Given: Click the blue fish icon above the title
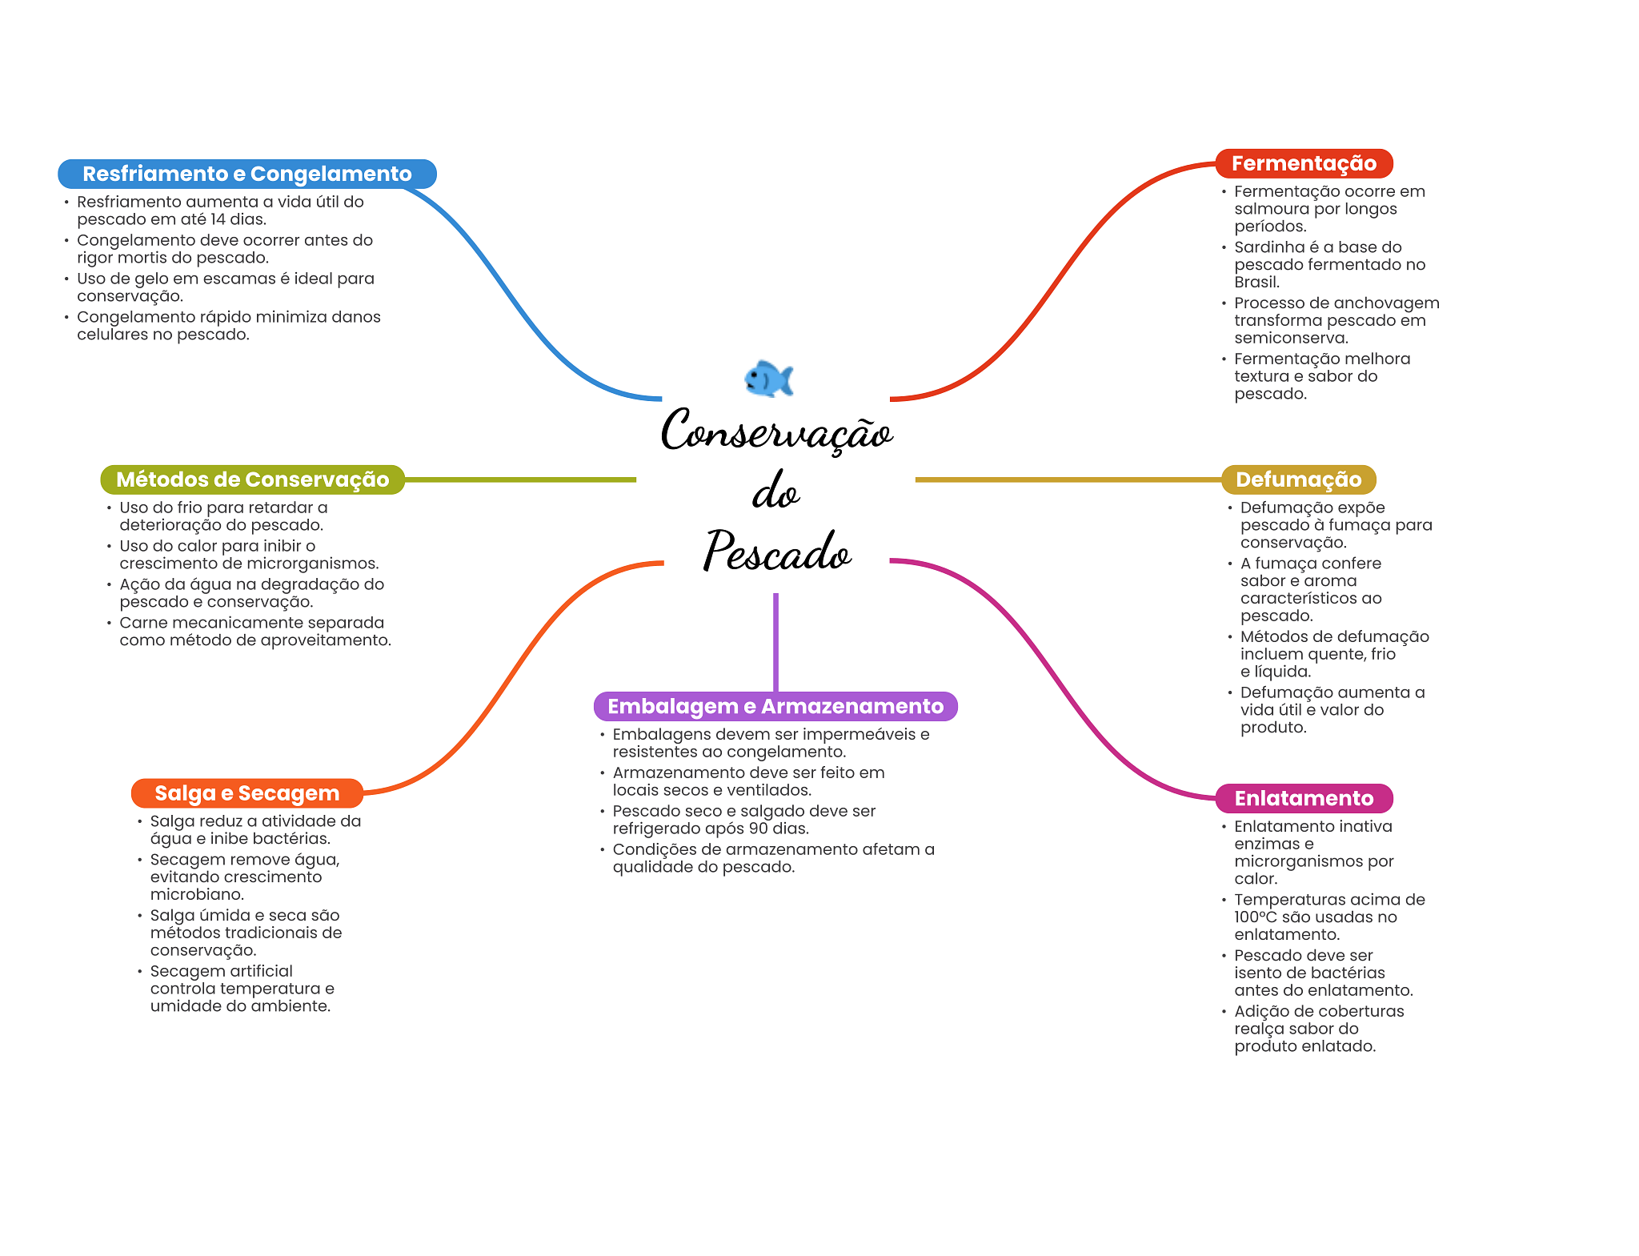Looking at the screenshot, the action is [768, 379].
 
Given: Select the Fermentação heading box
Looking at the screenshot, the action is [1304, 163].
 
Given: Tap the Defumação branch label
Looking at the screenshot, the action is [1298, 480].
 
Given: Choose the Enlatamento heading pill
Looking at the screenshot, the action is [1304, 798].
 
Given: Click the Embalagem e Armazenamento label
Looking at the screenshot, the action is [775, 706].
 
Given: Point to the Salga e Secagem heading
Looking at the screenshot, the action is [247, 793].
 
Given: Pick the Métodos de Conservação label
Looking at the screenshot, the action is [252, 480].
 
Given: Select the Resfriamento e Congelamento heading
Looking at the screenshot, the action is [247, 174].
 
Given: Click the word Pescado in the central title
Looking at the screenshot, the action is [777, 551].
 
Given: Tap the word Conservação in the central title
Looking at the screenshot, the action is [776, 431].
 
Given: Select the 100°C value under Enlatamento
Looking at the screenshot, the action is [1256, 917].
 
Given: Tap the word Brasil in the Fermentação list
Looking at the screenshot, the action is [1256, 283].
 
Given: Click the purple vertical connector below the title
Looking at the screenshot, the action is [775, 642].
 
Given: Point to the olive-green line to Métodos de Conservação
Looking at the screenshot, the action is [520, 480].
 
